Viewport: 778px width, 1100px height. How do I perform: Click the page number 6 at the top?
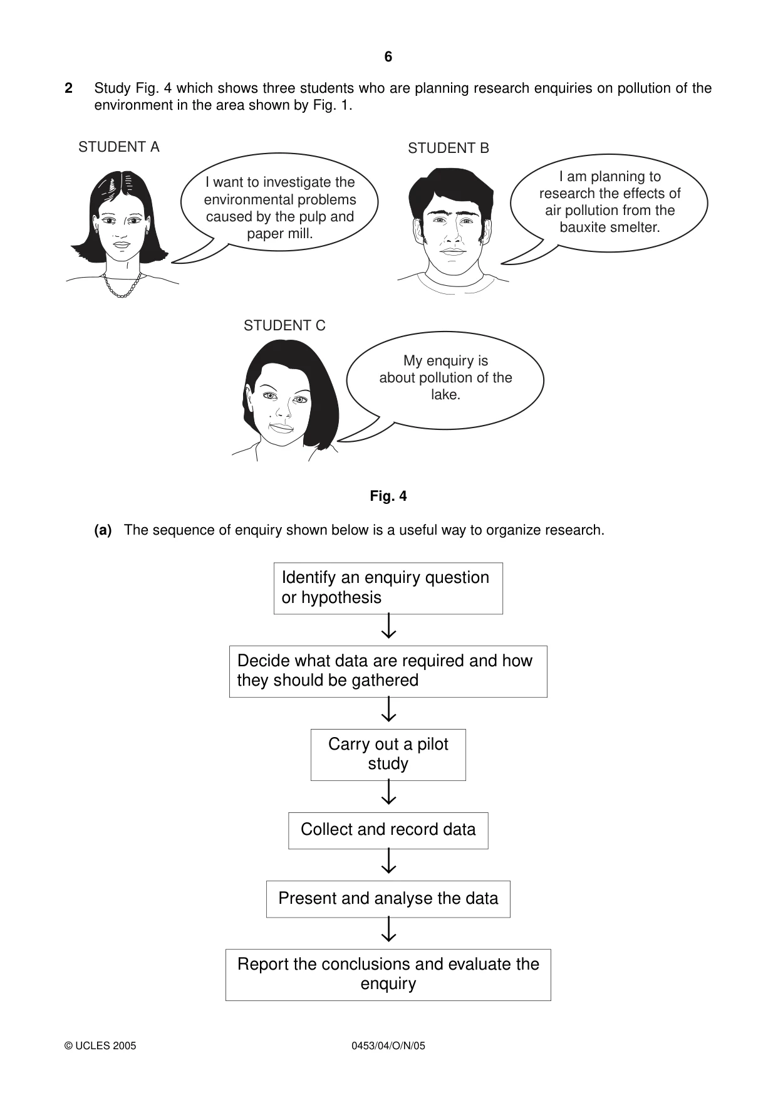click(x=388, y=57)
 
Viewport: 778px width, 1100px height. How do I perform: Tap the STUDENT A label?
click(x=119, y=147)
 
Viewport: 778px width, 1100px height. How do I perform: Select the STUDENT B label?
click(x=449, y=148)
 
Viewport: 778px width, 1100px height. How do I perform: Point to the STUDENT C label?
click(x=284, y=325)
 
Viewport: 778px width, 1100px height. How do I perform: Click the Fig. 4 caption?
click(x=388, y=496)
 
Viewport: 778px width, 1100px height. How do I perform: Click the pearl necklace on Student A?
click(x=122, y=285)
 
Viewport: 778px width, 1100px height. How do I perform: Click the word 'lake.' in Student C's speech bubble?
click(x=445, y=394)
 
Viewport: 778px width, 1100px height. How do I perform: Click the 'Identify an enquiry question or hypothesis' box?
click(x=388, y=589)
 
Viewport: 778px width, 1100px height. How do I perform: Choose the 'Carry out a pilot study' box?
click(x=388, y=755)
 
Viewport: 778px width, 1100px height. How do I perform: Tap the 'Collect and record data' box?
click(x=388, y=830)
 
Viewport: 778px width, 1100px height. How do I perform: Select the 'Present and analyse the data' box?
click(x=388, y=899)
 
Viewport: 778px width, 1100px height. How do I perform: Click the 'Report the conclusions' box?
click(x=388, y=975)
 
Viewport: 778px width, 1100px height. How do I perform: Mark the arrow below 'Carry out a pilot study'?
click(x=389, y=792)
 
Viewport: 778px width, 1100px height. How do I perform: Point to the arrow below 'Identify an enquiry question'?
click(x=389, y=626)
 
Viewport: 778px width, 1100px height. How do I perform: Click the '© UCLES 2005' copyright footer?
click(x=100, y=1045)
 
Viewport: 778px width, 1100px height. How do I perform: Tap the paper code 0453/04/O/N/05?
click(x=388, y=1045)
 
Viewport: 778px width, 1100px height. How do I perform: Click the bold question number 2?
click(x=68, y=88)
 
